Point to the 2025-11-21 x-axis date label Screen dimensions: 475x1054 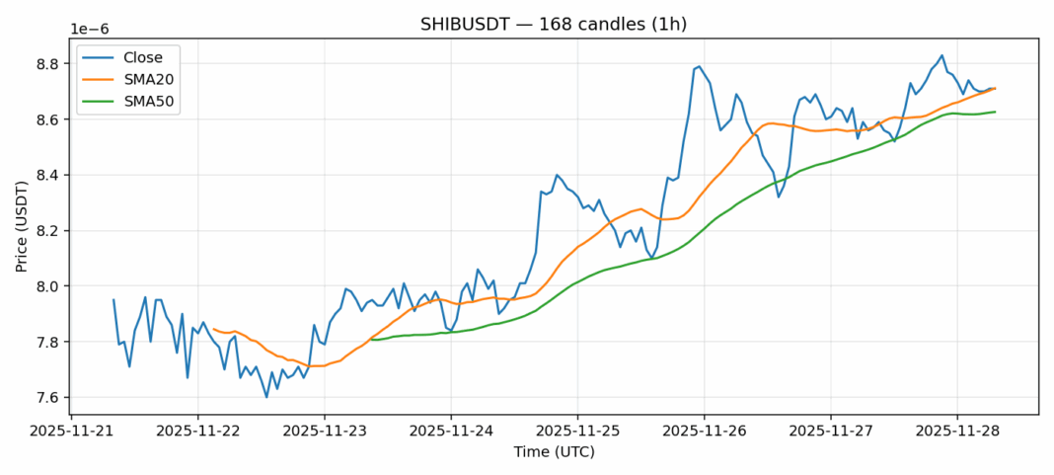click(x=72, y=431)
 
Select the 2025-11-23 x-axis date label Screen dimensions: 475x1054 click(x=325, y=431)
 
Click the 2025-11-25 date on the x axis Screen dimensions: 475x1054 click(x=577, y=431)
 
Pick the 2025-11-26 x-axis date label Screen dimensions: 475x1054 click(x=704, y=431)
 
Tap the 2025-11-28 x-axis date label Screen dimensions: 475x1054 click(x=956, y=431)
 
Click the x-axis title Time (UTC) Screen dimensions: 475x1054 click(x=554, y=452)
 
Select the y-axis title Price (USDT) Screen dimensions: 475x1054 click(x=21, y=226)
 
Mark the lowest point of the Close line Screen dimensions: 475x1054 click(x=266, y=397)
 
